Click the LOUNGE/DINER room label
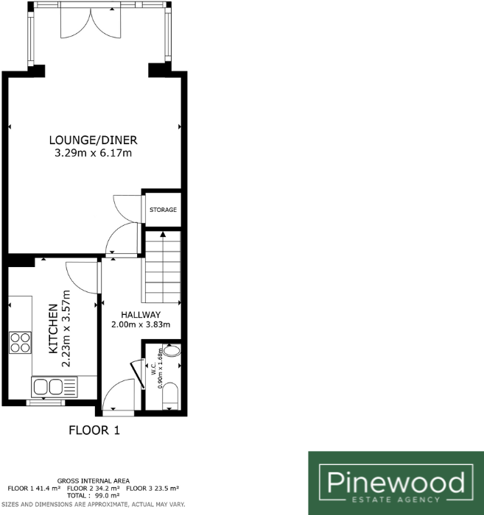click(94, 141)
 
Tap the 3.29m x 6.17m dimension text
click(94, 154)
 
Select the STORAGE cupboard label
click(163, 210)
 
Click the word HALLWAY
click(141, 315)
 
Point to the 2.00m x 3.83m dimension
click(141, 324)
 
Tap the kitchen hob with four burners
click(20, 344)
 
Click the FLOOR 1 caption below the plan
click(94, 430)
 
